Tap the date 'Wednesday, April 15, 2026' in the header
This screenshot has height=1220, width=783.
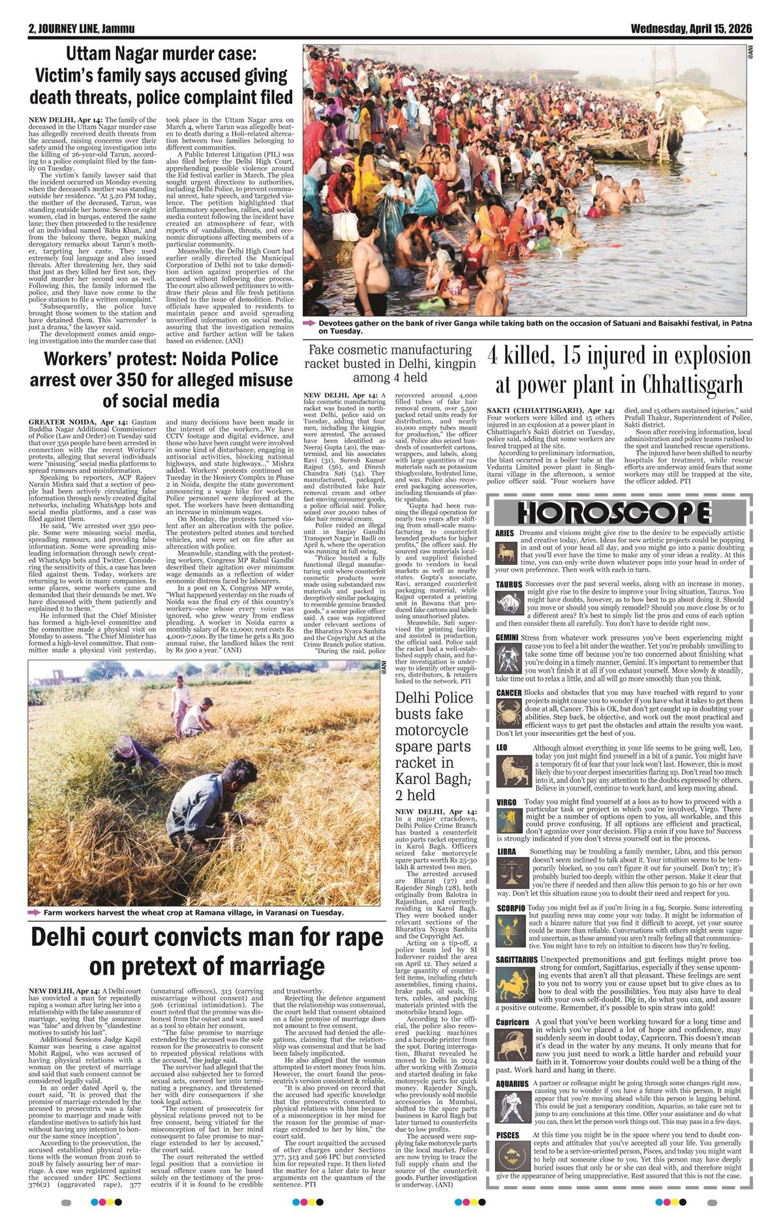coord(691,29)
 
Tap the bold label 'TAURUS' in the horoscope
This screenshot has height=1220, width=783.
coord(509,585)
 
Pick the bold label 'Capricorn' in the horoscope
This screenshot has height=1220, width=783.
coord(512,1022)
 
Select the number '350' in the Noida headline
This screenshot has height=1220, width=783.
coord(190,379)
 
